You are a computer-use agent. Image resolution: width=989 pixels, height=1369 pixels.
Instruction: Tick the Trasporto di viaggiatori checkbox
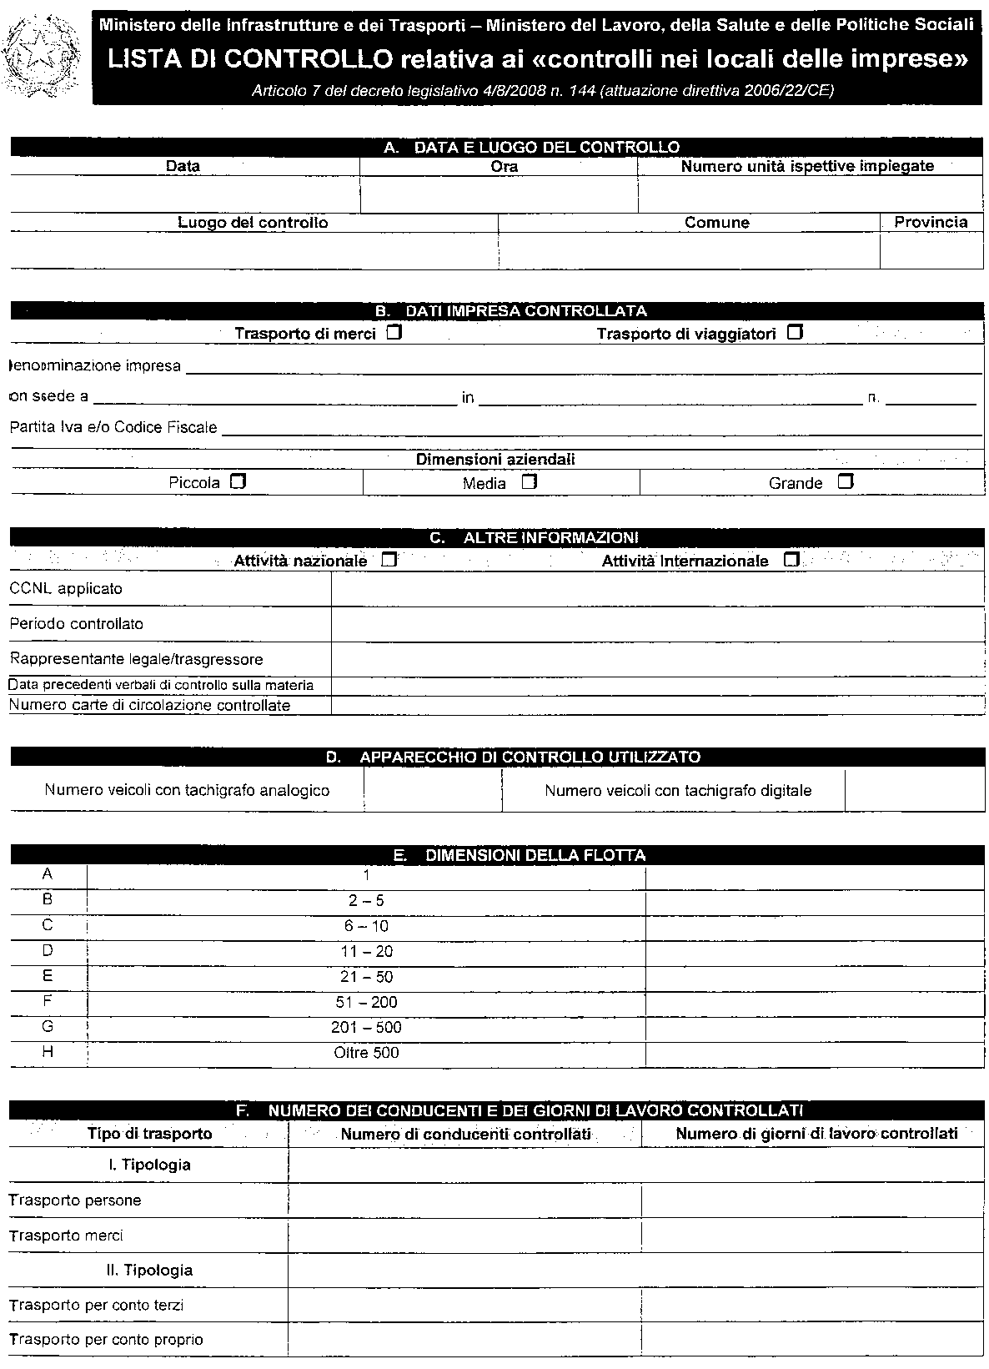[x=795, y=334]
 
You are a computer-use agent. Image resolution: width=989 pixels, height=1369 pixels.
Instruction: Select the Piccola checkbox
[x=238, y=482]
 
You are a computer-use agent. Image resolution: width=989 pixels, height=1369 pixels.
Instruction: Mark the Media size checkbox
[x=529, y=482]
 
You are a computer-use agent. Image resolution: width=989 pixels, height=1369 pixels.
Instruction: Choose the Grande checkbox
[x=846, y=482]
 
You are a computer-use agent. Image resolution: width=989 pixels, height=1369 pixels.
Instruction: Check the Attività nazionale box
[x=389, y=561]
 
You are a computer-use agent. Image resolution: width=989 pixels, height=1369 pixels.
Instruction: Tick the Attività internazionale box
[x=791, y=561]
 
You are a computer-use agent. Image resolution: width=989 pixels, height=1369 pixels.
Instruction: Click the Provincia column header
[x=931, y=222]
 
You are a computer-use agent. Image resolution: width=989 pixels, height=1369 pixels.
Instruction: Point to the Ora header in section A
[x=504, y=166]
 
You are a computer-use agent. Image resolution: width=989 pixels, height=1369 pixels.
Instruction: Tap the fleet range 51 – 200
[x=366, y=1002]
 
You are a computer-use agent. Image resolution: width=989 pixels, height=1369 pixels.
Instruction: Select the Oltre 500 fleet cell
[x=366, y=1053]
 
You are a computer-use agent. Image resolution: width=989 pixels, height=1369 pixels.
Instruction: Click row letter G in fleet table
[x=48, y=1027]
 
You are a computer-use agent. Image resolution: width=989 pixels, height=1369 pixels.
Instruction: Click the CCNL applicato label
[x=66, y=589]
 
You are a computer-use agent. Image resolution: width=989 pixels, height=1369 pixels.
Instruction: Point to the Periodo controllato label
[x=76, y=624]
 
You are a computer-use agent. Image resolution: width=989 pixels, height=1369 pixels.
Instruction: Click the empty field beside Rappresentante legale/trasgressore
[x=657, y=659]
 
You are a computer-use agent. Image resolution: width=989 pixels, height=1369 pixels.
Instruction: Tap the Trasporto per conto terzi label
[x=96, y=1305]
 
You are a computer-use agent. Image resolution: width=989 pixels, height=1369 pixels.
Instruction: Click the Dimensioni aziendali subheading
[x=495, y=460]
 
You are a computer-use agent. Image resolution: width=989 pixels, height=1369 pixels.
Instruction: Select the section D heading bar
[x=497, y=757]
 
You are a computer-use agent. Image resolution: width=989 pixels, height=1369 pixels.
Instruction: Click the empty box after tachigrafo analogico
[x=433, y=790]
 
